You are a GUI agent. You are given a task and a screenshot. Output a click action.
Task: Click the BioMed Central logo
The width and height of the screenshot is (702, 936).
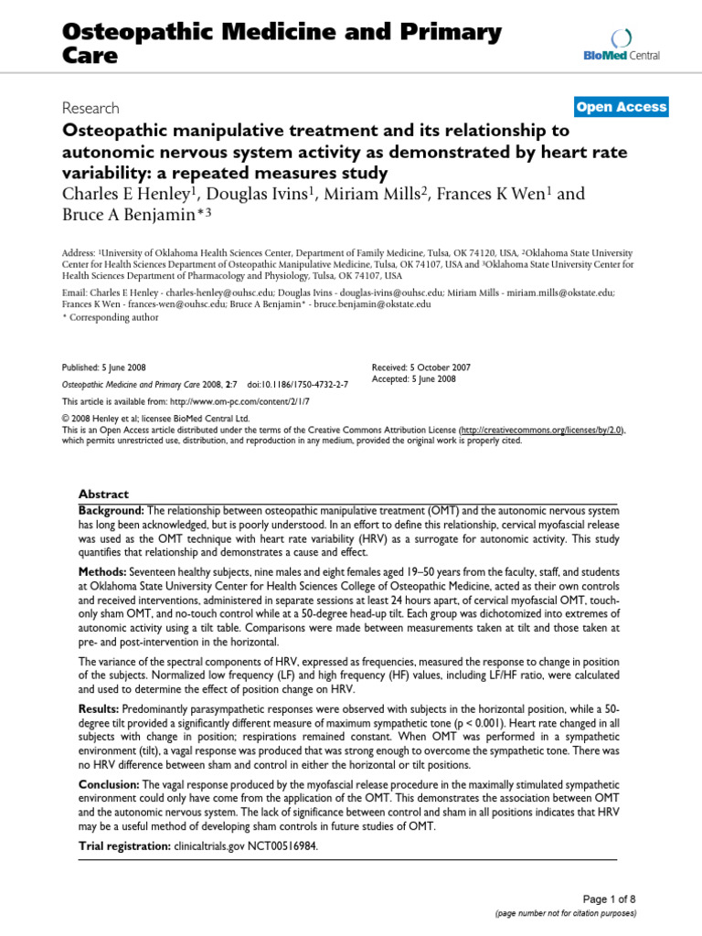(x=621, y=46)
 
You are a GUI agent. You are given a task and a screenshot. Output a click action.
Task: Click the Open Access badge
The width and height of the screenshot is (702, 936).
(x=621, y=107)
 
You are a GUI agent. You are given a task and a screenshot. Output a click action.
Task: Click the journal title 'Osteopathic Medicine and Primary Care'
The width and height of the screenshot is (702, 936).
(x=282, y=43)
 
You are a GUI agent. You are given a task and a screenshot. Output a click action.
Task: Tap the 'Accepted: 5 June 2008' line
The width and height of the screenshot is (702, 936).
(x=414, y=378)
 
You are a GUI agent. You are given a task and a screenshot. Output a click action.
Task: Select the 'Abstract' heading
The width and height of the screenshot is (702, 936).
(x=103, y=493)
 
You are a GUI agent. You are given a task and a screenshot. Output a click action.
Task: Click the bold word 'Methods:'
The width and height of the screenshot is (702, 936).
(x=102, y=569)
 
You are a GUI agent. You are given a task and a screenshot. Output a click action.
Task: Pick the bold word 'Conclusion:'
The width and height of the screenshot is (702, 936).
(x=110, y=783)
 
